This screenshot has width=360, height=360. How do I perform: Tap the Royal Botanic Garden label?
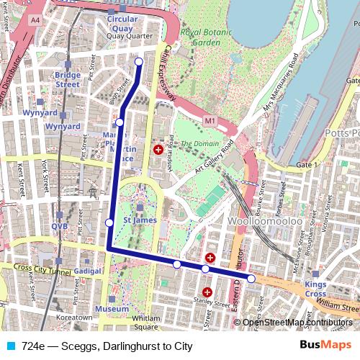200,37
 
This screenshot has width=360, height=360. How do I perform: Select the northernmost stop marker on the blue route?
139,62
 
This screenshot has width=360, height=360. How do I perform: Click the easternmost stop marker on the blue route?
251,278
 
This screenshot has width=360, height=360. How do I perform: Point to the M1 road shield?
210,122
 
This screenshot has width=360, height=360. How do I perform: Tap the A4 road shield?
35,22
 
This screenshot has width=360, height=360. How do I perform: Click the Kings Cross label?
315,289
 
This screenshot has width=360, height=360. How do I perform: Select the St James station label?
135,220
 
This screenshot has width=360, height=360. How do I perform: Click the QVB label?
58,226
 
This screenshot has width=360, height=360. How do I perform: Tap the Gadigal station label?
88,271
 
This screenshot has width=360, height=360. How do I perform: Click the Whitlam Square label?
145,322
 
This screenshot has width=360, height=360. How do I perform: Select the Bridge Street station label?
67,79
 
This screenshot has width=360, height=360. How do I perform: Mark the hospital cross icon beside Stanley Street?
207,292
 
